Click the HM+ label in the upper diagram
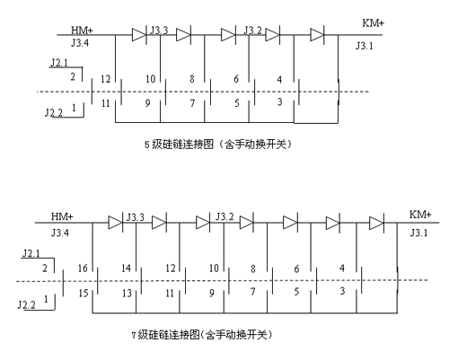tap(82, 31)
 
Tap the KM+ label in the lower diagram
tap(420, 215)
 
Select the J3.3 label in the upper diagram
tap(159, 30)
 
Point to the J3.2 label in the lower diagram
tap(224, 216)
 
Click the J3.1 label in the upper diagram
tap(365, 46)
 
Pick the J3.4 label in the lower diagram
tap(60, 233)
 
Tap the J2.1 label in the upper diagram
tap(59, 63)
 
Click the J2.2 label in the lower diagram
tap(26, 305)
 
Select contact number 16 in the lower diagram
tap(83, 268)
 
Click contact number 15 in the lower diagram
tap(84, 293)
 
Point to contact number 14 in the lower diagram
tap(126, 268)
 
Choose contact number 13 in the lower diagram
tap(127, 293)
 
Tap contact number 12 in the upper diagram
tap(105, 79)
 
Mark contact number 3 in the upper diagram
tap(279, 101)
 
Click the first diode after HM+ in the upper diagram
tap(139, 35)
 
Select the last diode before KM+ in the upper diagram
tap(317, 35)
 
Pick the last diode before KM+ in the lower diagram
tap(376, 223)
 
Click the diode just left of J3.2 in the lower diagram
tap(203, 223)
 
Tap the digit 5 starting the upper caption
tap(147, 145)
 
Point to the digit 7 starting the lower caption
tap(134, 335)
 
